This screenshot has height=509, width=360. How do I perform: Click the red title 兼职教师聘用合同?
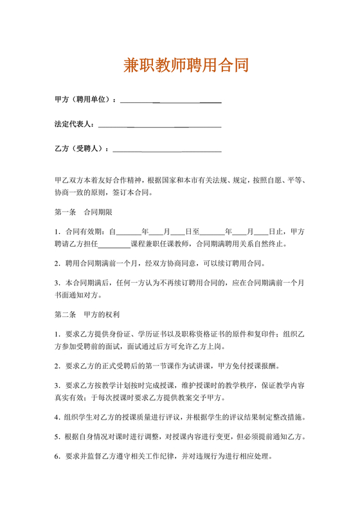pyautogui.click(x=186, y=66)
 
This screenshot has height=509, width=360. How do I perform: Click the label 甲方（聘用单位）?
pyautogui.click(x=85, y=100)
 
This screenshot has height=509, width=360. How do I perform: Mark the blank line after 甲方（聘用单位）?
pyautogui.click(x=170, y=100)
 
